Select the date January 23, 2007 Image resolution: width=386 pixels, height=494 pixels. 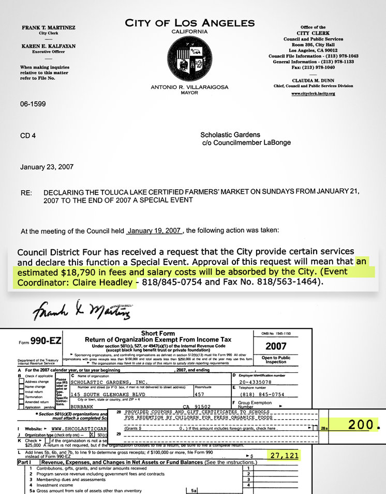(x=47, y=167)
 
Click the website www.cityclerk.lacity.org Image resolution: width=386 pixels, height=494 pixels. (x=313, y=94)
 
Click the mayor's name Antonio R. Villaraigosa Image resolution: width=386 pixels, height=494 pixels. (x=189, y=87)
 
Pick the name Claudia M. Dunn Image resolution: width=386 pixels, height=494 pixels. (x=313, y=80)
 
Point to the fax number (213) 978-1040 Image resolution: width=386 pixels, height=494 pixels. (x=313, y=67)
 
